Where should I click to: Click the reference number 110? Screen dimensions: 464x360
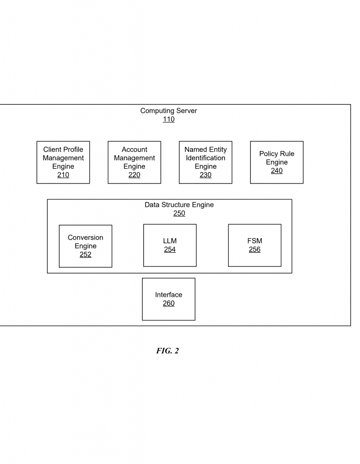pyautogui.click(x=169, y=120)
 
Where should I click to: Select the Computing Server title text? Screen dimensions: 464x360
pyautogui.click(x=169, y=111)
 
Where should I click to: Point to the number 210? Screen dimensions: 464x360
pyautogui.click(x=63, y=175)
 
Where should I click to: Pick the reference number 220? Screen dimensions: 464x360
pyautogui.click(x=134, y=175)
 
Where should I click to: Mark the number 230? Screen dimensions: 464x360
pyautogui.click(x=205, y=175)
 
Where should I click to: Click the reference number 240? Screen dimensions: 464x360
pyautogui.click(x=277, y=171)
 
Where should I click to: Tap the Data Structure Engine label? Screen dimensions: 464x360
pyautogui.click(x=179, y=205)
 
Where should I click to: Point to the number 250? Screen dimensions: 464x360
pyautogui.click(x=179, y=213)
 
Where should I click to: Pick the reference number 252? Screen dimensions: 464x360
pyautogui.click(x=86, y=255)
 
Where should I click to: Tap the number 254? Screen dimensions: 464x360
pyautogui.click(x=170, y=250)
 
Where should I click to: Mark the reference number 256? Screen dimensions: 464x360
pyautogui.click(x=254, y=250)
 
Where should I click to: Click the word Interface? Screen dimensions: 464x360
pyautogui.click(x=169, y=295)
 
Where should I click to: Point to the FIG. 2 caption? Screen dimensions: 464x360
pyautogui.click(x=168, y=351)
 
